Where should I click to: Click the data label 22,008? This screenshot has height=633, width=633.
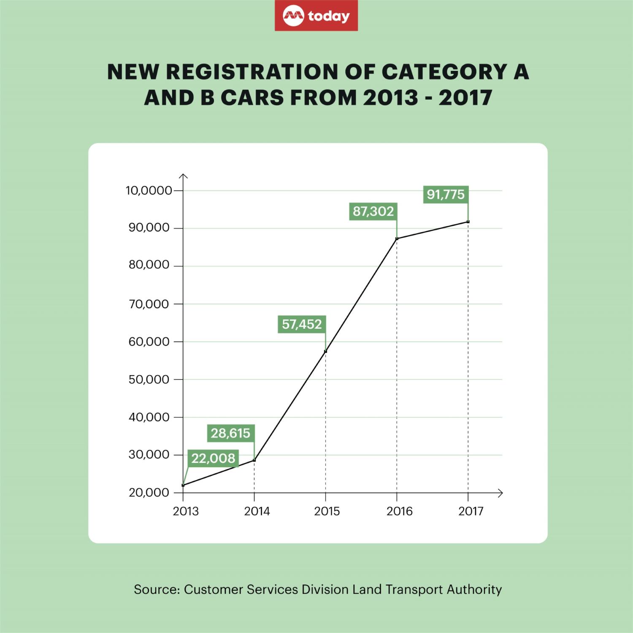(x=213, y=458)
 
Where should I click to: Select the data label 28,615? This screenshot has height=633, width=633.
(x=231, y=433)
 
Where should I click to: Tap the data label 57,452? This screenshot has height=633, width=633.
(x=302, y=324)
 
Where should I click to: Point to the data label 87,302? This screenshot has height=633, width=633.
(x=373, y=211)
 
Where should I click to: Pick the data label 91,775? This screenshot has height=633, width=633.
(x=445, y=195)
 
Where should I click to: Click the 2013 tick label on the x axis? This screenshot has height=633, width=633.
(x=186, y=511)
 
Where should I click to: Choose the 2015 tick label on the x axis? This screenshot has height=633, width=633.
(x=327, y=511)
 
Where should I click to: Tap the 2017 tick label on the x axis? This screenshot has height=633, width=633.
(x=471, y=511)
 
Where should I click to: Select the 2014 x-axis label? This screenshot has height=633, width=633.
(x=257, y=511)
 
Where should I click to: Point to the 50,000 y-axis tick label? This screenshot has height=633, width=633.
(x=149, y=379)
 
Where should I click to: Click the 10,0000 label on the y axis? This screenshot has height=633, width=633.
(x=149, y=191)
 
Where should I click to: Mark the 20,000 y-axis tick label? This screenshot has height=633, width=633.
(x=149, y=493)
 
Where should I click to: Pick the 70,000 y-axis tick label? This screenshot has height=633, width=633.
(x=149, y=304)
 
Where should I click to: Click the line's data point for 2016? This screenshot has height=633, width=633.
(x=397, y=239)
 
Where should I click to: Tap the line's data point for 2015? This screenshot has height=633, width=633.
(x=325, y=351)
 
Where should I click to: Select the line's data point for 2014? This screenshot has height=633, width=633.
(x=254, y=460)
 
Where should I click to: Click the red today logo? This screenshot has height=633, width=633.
(x=316, y=16)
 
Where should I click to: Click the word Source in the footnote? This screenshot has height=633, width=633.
(x=155, y=589)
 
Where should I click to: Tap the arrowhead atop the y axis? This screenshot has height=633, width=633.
(x=183, y=176)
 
